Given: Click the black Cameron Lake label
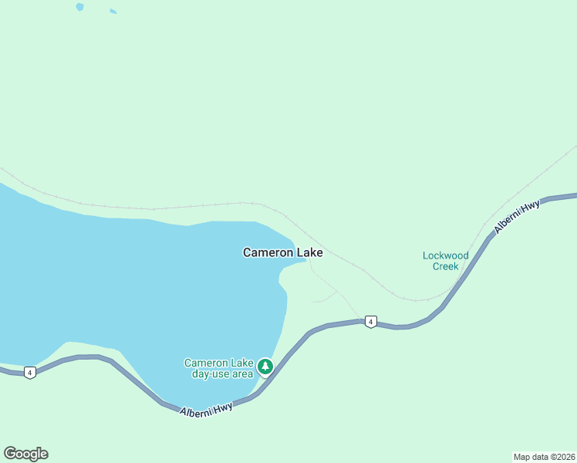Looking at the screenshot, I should click(x=282, y=252).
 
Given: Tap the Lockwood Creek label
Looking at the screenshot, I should click(x=445, y=261).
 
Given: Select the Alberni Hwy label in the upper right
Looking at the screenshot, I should click(x=517, y=218).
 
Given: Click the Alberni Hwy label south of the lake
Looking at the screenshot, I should click(x=206, y=410).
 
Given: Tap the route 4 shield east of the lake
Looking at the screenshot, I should click(x=371, y=322).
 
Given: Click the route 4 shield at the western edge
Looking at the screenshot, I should click(x=29, y=373).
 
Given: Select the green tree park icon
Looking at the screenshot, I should click(x=265, y=366).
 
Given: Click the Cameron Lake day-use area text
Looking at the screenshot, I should click(x=218, y=368).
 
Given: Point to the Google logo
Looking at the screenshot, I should click(x=25, y=454).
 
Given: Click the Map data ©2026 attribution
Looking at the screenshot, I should click(x=543, y=457).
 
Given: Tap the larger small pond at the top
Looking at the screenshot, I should click(x=79, y=7).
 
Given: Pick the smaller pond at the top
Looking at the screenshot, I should click(x=113, y=12).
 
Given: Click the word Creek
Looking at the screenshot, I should click(x=445, y=267).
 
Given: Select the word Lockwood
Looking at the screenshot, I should click(x=445, y=255).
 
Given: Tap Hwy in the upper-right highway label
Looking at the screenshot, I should click(x=530, y=208).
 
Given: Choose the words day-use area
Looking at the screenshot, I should click(x=222, y=374).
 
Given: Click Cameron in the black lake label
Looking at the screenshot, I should click(x=268, y=252).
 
